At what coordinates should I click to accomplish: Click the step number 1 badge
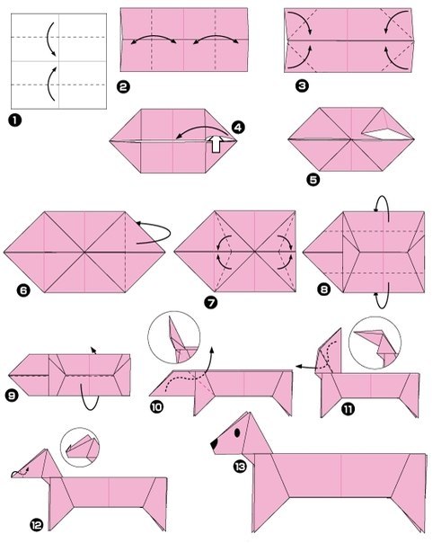click(15, 120)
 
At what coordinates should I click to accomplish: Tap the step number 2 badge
click(123, 86)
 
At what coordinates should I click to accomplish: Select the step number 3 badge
click(302, 85)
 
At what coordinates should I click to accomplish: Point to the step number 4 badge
click(238, 127)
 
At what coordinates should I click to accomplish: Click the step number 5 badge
click(313, 180)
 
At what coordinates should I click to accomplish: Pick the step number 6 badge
click(23, 289)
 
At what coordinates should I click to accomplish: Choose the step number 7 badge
click(211, 303)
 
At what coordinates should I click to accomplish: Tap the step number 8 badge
click(324, 289)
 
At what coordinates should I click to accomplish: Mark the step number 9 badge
click(12, 396)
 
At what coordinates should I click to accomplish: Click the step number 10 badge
click(156, 407)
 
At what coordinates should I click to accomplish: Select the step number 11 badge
click(348, 409)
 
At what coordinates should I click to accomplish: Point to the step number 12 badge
click(36, 525)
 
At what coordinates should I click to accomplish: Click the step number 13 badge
click(239, 467)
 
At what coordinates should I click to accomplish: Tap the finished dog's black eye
click(237, 432)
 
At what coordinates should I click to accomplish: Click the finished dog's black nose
click(215, 444)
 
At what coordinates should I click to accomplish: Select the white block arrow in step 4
click(216, 144)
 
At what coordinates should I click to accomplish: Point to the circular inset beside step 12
click(80, 447)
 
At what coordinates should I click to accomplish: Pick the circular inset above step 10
click(173, 337)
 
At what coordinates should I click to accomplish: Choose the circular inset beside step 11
click(375, 343)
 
